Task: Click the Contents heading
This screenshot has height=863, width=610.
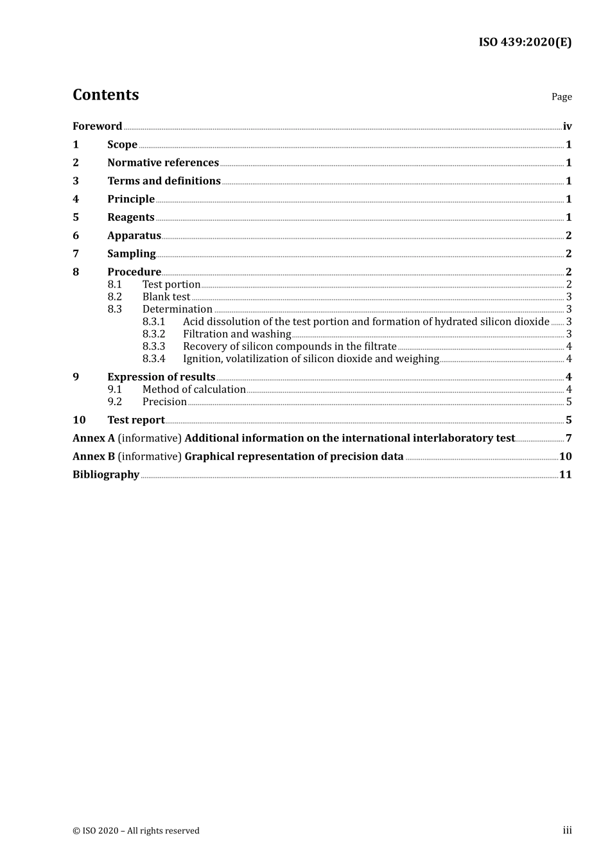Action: tap(105, 95)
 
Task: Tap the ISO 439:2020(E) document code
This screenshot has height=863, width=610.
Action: tap(525, 42)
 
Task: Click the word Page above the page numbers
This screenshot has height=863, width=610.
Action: tap(561, 97)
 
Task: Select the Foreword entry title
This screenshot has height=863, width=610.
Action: tap(97, 126)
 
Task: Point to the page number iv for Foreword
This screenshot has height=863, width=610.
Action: tap(567, 126)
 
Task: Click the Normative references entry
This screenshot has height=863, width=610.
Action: tap(163, 163)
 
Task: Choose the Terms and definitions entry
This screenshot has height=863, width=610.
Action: tap(164, 181)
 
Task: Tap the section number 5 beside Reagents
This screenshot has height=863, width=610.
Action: tap(76, 218)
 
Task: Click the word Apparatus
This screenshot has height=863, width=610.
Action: tap(134, 236)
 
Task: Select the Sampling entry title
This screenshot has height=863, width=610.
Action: tap(132, 254)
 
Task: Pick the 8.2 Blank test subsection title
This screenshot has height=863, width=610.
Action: tap(166, 297)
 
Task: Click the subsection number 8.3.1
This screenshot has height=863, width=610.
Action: tap(153, 322)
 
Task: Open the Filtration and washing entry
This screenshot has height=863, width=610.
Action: tap(237, 334)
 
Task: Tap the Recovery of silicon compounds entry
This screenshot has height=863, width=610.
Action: tap(290, 347)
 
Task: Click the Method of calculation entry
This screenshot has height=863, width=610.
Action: tap(194, 390)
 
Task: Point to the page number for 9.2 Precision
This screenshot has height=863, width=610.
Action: tap(569, 402)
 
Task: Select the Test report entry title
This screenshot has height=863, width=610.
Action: tap(136, 420)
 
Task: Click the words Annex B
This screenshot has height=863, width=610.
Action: tap(94, 457)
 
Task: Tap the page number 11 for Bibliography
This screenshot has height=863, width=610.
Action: tap(566, 475)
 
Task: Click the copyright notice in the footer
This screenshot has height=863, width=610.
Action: tap(136, 831)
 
